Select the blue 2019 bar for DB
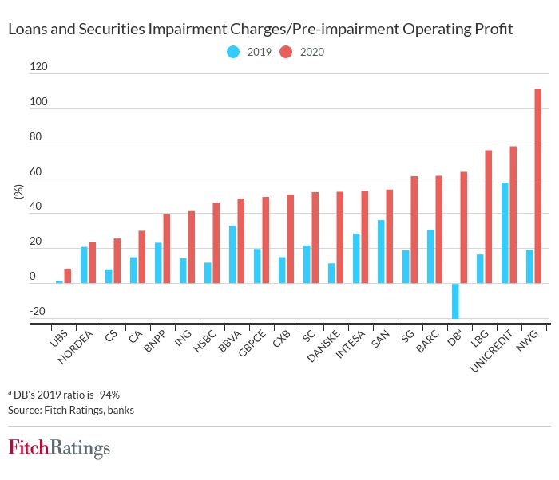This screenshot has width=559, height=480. [x=455, y=301]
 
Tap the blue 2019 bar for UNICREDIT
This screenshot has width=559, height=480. [x=505, y=233]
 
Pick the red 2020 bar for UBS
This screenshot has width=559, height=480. [x=68, y=276]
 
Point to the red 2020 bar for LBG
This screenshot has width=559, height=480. [x=488, y=216]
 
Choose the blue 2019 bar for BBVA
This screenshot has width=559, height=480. [x=232, y=254]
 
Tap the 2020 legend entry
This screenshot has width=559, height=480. [x=303, y=53]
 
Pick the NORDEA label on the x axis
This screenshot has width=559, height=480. [x=81, y=348]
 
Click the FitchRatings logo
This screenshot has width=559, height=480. [x=59, y=448]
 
